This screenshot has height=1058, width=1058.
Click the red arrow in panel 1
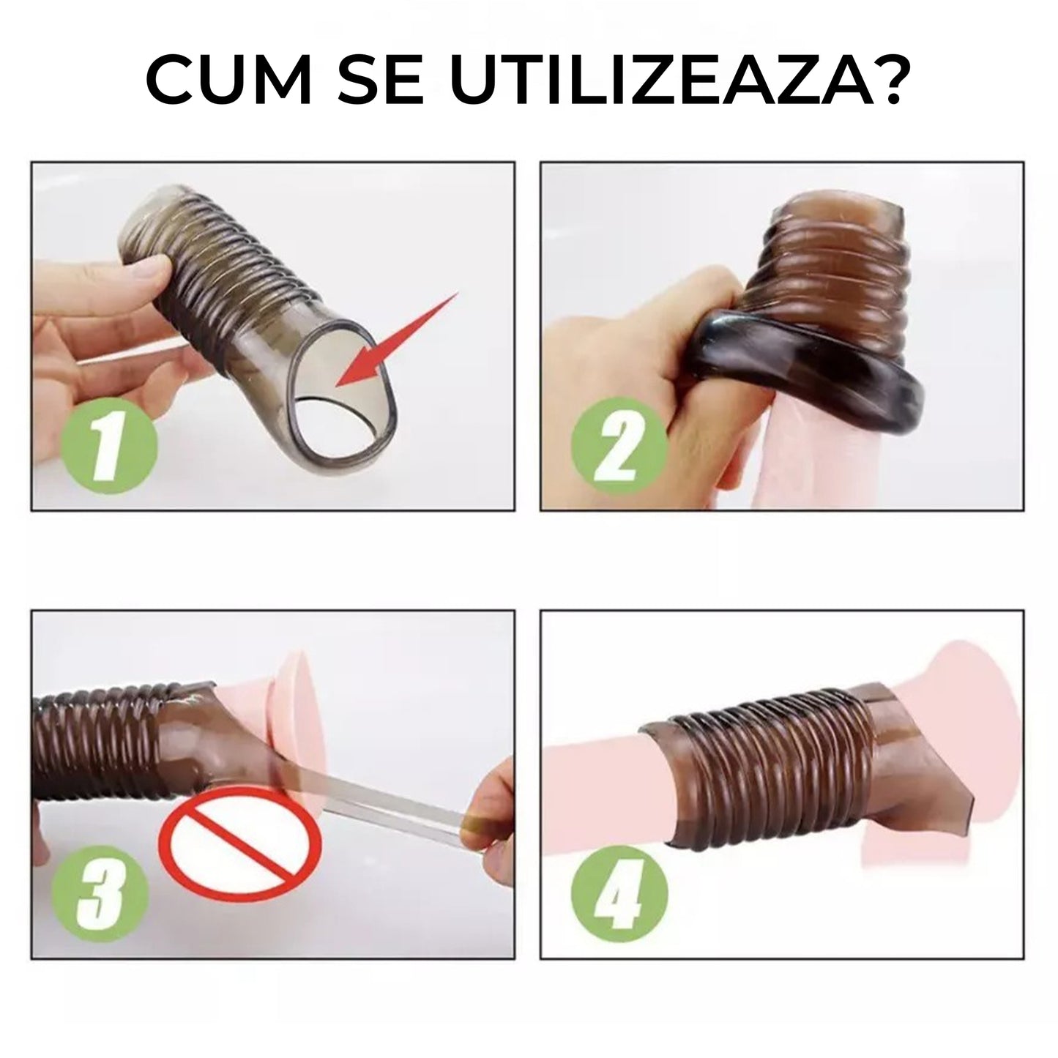coord(395,340)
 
